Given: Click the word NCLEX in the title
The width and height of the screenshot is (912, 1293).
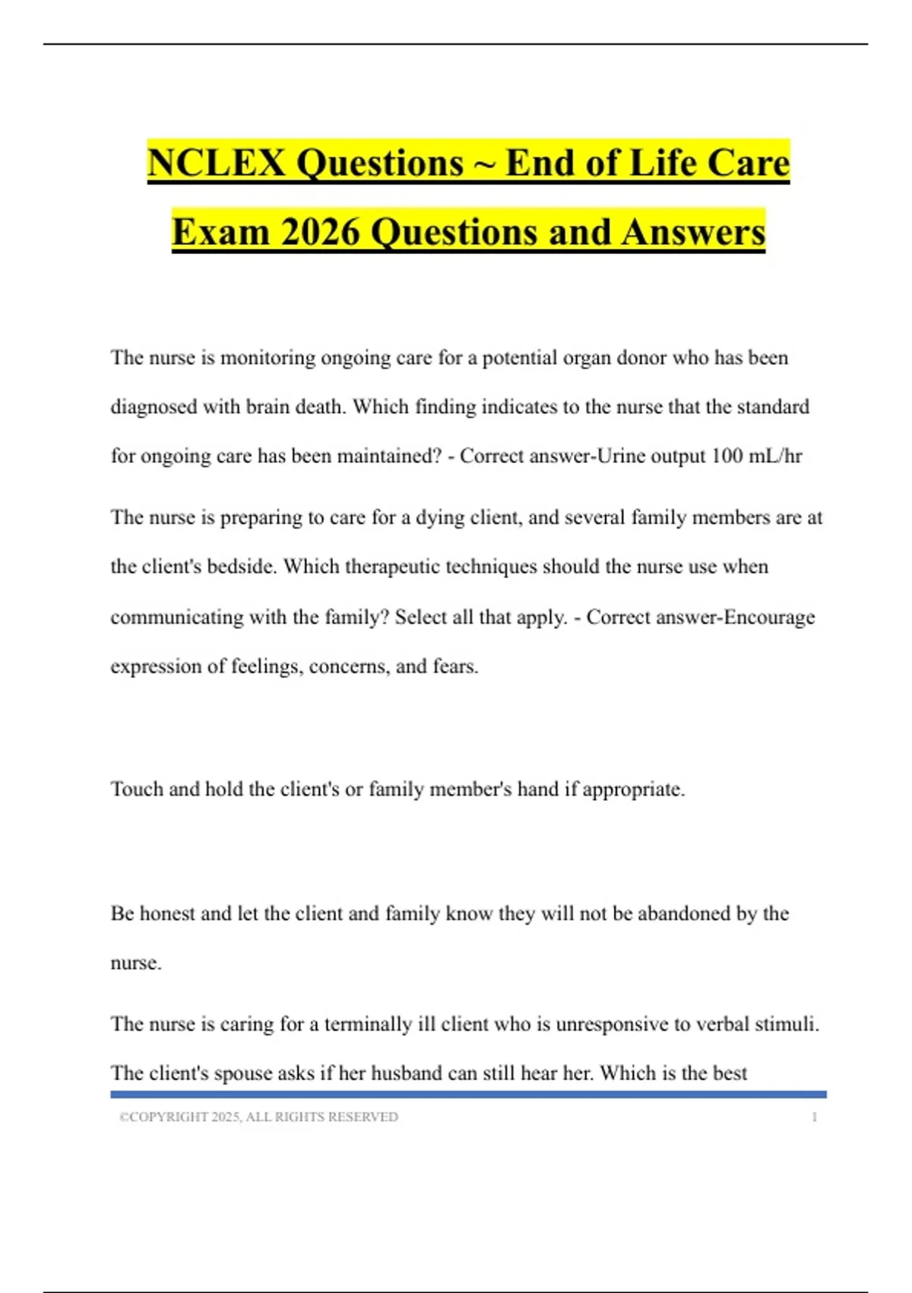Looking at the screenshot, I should [x=217, y=163].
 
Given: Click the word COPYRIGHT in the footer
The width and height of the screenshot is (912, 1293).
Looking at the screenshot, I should [x=169, y=1117].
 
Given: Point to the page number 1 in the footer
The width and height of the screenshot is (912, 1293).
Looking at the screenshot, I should [x=814, y=1117].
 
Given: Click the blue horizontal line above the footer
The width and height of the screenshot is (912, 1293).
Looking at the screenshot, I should [x=468, y=1094].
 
